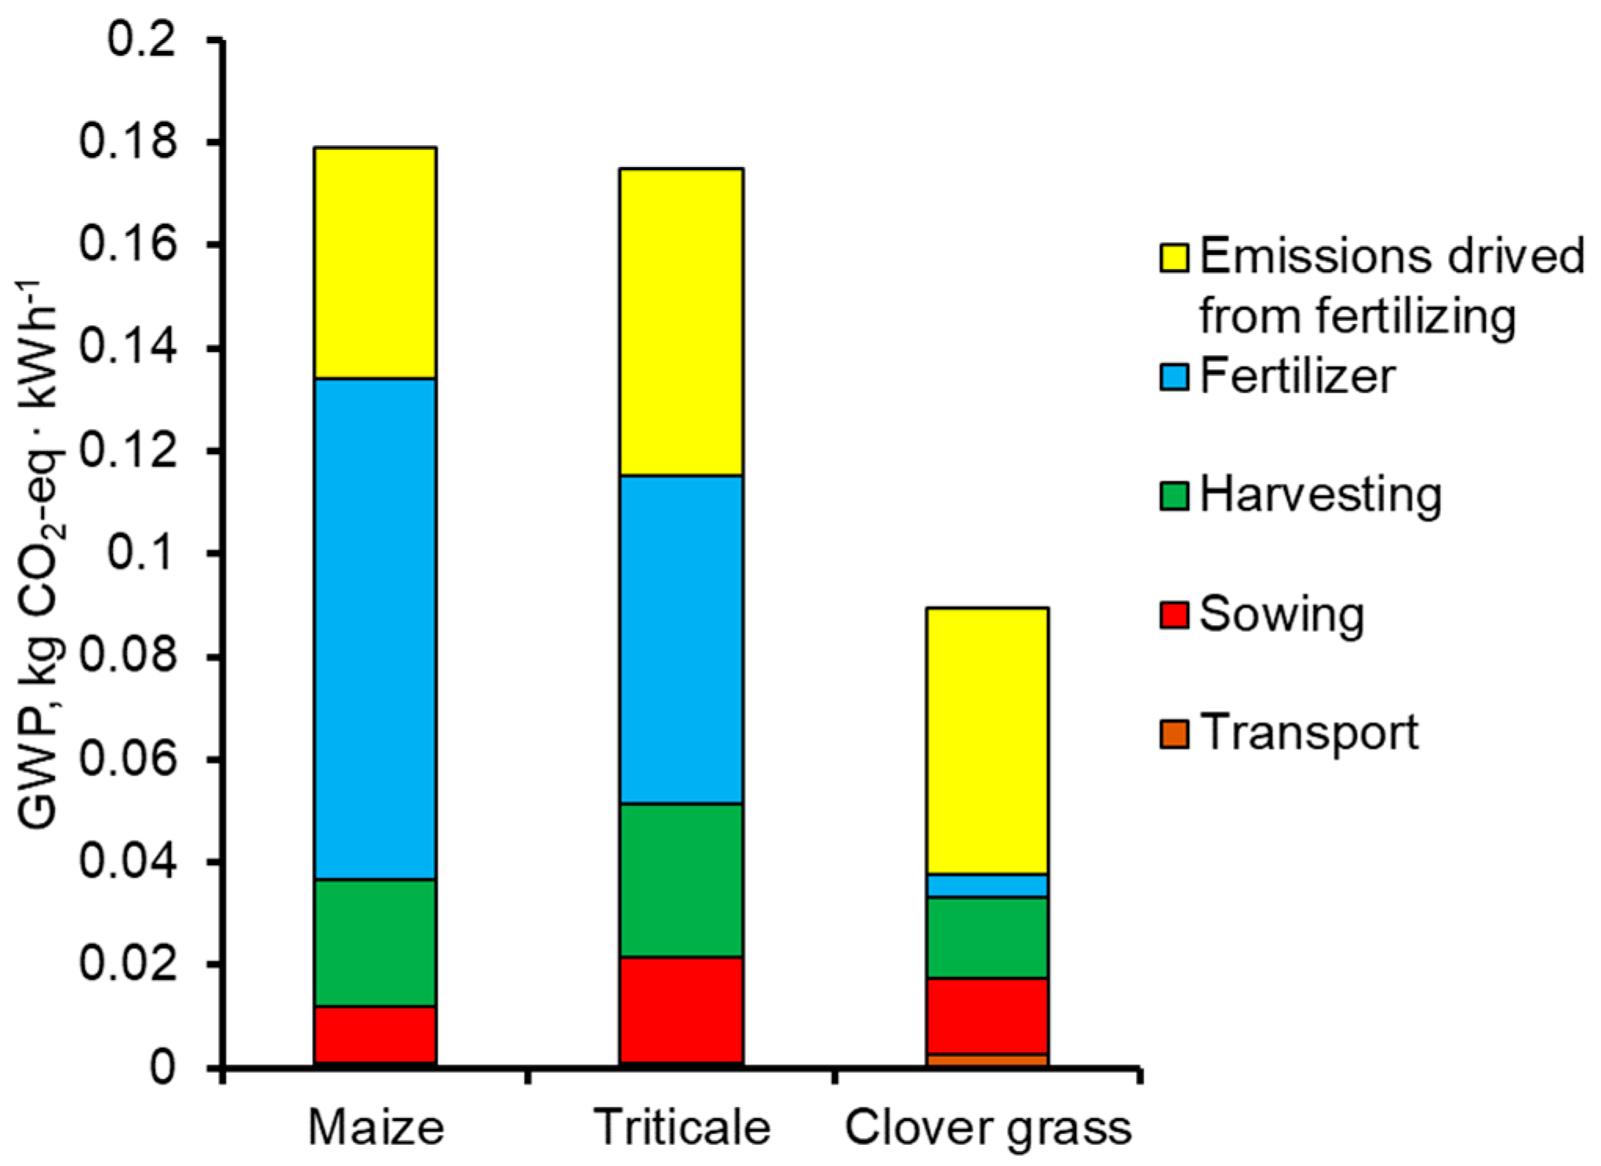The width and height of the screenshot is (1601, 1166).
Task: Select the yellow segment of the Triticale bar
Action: (681, 321)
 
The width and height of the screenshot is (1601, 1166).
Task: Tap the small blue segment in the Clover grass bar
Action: (988, 885)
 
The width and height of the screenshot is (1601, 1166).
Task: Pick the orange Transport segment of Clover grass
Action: (988, 1060)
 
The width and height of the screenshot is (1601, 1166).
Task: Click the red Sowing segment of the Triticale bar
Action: (681, 1010)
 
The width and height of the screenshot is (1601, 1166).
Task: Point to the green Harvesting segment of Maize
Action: (375, 943)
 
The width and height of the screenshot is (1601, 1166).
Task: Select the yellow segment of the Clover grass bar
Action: (988, 740)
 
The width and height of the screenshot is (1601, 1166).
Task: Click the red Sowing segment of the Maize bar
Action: (375, 1035)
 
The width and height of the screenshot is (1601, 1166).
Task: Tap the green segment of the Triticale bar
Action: (681, 880)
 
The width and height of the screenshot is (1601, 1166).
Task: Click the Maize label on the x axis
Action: (376, 1128)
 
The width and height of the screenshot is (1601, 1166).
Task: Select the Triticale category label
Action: (682, 1128)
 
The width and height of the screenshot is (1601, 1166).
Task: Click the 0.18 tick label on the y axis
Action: (128, 143)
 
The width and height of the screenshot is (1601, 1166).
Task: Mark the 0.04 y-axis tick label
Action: (128, 862)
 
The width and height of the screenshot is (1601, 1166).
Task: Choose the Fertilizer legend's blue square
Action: (1174, 376)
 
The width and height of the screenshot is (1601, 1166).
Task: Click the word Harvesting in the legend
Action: (1320, 496)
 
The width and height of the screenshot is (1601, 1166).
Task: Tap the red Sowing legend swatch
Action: (1174, 615)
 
